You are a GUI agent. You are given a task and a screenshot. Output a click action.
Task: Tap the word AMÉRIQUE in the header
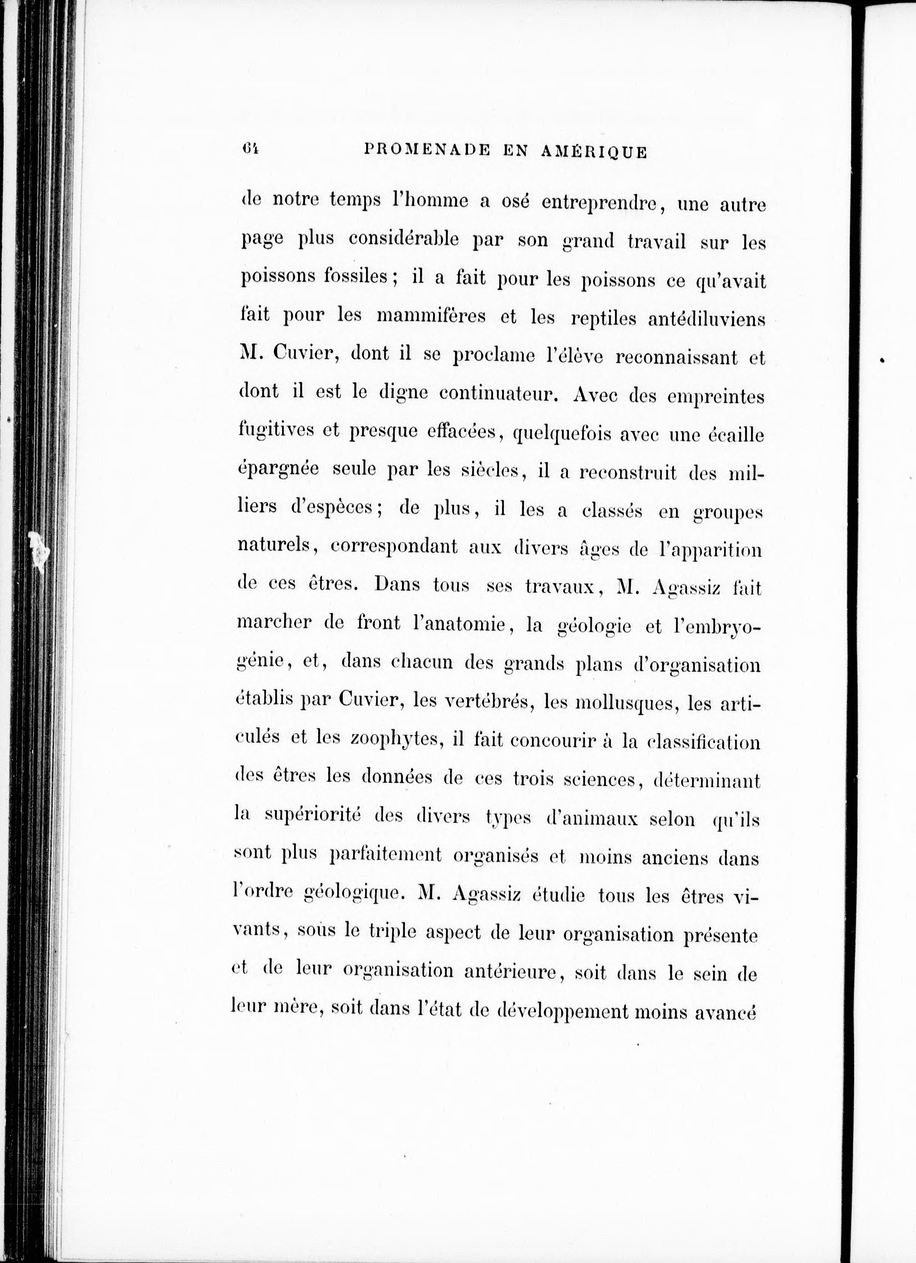click(x=594, y=151)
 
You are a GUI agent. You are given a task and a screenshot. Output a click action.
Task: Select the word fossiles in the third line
click(x=356, y=277)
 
